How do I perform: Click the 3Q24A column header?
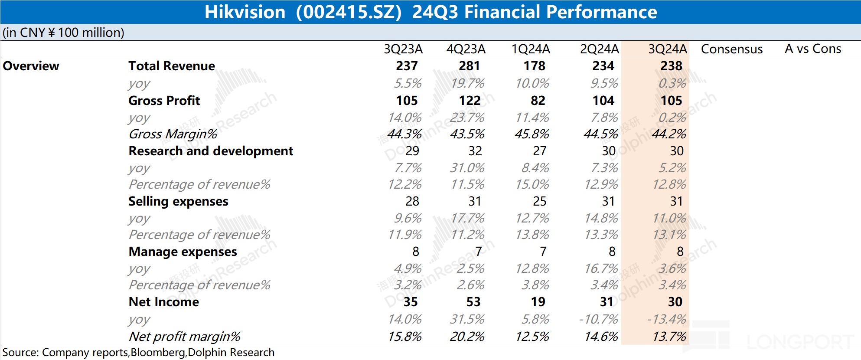(x=667, y=49)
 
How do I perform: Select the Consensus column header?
(x=731, y=49)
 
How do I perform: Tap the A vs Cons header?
(x=812, y=49)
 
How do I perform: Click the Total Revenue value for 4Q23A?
(x=469, y=66)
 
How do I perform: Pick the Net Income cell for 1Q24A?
(x=538, y=302)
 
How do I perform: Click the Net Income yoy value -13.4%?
(x=666, y=319)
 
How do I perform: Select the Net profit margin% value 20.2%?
(x=467, y=337)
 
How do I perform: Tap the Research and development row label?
(x=211, y=151)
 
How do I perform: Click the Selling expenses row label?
(x=178, y=201)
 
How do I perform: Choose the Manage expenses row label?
(x=183, y=252)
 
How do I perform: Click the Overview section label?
(x=31, y=66)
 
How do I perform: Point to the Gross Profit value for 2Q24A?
(x=603, y=101)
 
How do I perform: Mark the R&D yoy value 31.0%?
(x=467, y=168)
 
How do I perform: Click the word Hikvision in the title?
(x=245, y=12)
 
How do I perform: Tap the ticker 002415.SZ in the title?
(x=349, y=12)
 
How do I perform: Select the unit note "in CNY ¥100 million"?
(x=63, y=33)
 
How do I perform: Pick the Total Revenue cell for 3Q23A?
(x=406, y=66)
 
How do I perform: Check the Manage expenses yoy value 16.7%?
(x=601, y=268)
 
